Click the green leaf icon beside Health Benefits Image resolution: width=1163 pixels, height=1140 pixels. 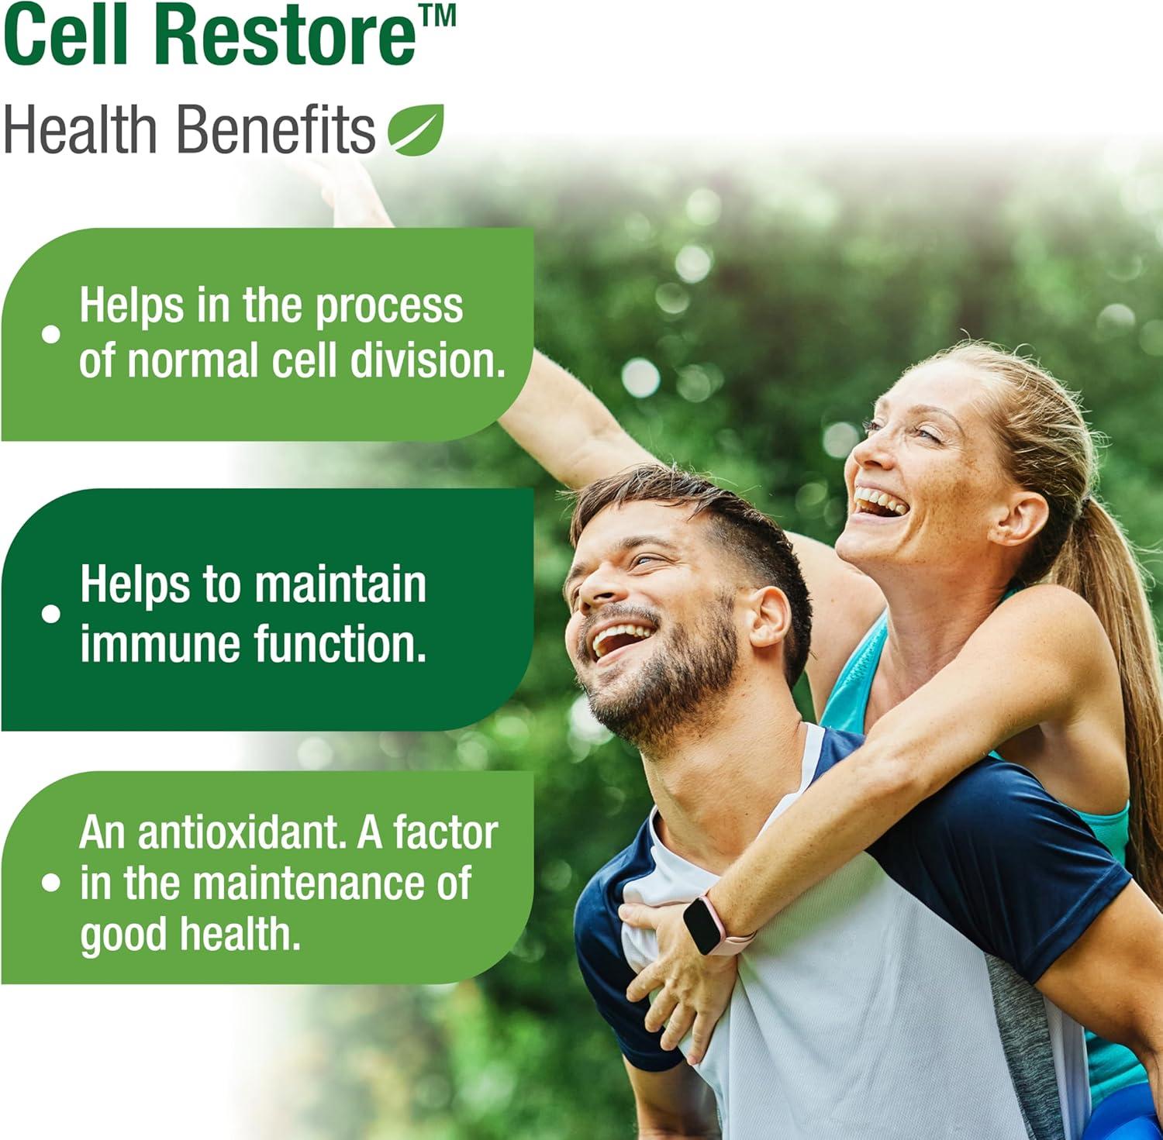click(x=416, y=129)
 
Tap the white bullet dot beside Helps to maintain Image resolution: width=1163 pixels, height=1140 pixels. click(x=51, y=614)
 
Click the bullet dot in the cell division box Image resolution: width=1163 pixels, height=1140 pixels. click(x=51, y=334)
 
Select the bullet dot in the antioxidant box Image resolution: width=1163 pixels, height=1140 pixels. click(x=51, y=883)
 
